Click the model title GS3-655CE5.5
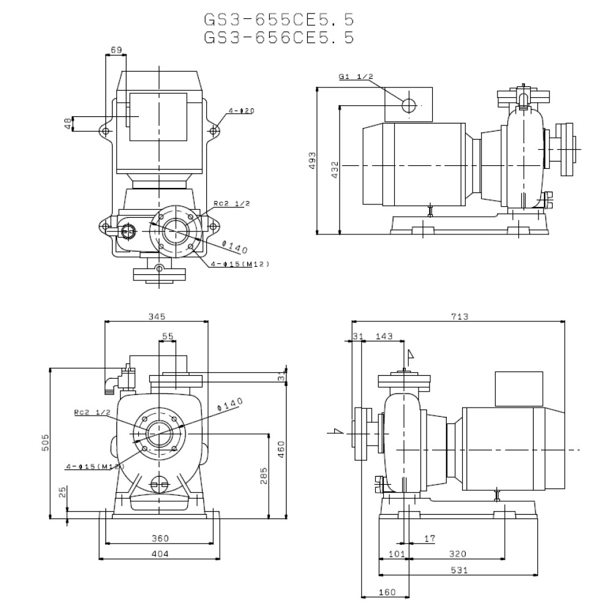click(x=278, y=20)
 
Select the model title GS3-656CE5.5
click(x=278, y=37)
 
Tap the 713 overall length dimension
click(x=460, y=316)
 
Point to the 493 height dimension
click(x=312, y=160)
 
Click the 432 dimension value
click(x=334, y=170)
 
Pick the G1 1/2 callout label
click(x=356, y=76)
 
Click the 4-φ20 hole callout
click(x=241, y=111)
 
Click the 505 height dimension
click(x=45, y=443)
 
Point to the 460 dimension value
click(x=282, y=451)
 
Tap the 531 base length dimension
click(x=459, y=570)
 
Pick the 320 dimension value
click(x=457, y=554)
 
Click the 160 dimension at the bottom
click(x=387, y=592)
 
